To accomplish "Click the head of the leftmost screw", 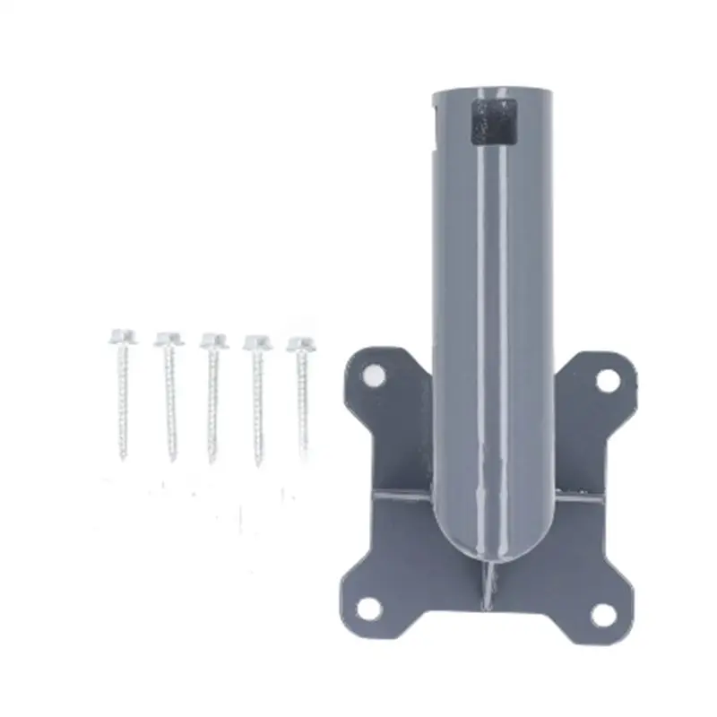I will pyautogui.click(x=123, y=338).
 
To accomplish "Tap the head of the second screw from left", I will pyautogui.click(x=167, y=339).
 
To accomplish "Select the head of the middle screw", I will pyautogui.click(x=212, y=341).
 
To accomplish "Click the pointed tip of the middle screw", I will pyautogui.click(x=212, y=462).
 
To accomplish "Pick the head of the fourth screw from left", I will pyautogui.click(x=257, y=341).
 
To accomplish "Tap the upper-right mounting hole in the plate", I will pyautogui.click(x=607, y=380).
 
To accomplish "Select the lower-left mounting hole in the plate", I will pyautogui.click(x=368, y=609).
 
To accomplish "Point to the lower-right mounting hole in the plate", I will pyautogui.click(x=601, y=614).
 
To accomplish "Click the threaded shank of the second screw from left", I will pyautogui.click(x=168, y=403).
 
